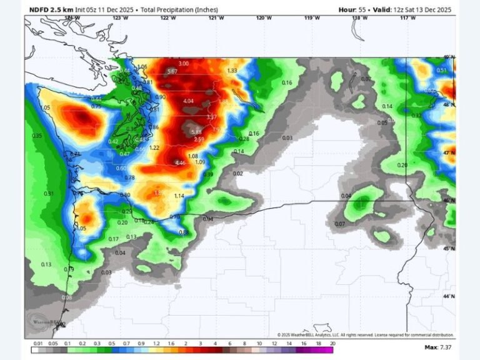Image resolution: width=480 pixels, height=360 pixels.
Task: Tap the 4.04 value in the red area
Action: coord(189,101)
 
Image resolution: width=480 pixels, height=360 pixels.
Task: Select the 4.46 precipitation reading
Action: coord(180,163)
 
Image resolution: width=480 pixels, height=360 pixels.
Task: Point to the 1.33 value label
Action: coord(232,71)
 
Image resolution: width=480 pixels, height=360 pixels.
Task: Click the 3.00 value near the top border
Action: coord(183,64)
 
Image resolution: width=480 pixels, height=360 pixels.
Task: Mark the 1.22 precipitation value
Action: coord(155,147)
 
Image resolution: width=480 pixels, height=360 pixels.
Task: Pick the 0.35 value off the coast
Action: coord(37,136)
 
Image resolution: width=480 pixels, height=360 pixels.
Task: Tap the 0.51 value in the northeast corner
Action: coord(442,71)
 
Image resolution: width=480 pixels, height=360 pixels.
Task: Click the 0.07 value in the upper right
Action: coord(365,79)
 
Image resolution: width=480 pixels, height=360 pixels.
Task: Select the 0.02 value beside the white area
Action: coord(237,173)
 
